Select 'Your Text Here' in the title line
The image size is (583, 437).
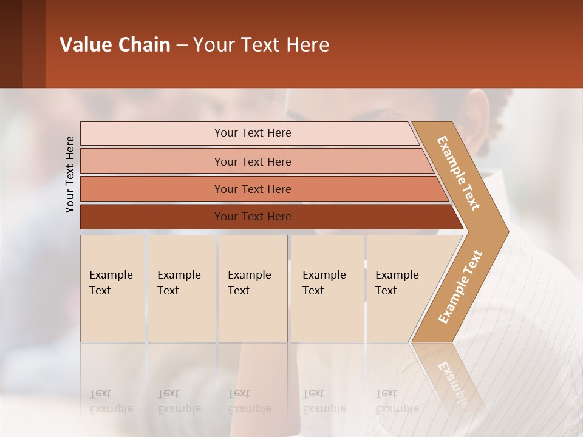(x=261, y=45)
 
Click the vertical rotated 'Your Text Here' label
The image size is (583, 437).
(x=70, y=174)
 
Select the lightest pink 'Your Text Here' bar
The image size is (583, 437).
(x=252, y=133)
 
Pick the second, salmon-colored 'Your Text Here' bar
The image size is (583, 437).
(x=252, y=161)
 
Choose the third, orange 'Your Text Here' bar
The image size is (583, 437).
(x=252, y=189)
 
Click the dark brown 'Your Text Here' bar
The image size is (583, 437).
(x=252, y=217)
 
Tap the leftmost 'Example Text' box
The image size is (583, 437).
(x=112, y=288)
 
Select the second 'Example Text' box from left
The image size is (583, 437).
(x=181, y=288)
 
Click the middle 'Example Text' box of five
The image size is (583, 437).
(x=253, y=288)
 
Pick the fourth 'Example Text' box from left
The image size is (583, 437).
(x=327, y=288)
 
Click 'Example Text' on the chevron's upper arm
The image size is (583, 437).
(x=459, y=173)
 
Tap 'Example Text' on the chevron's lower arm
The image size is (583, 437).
(x=460, y=287)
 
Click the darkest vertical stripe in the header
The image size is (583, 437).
(x=11, y=44)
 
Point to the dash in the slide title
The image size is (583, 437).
(x=182, y=46)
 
